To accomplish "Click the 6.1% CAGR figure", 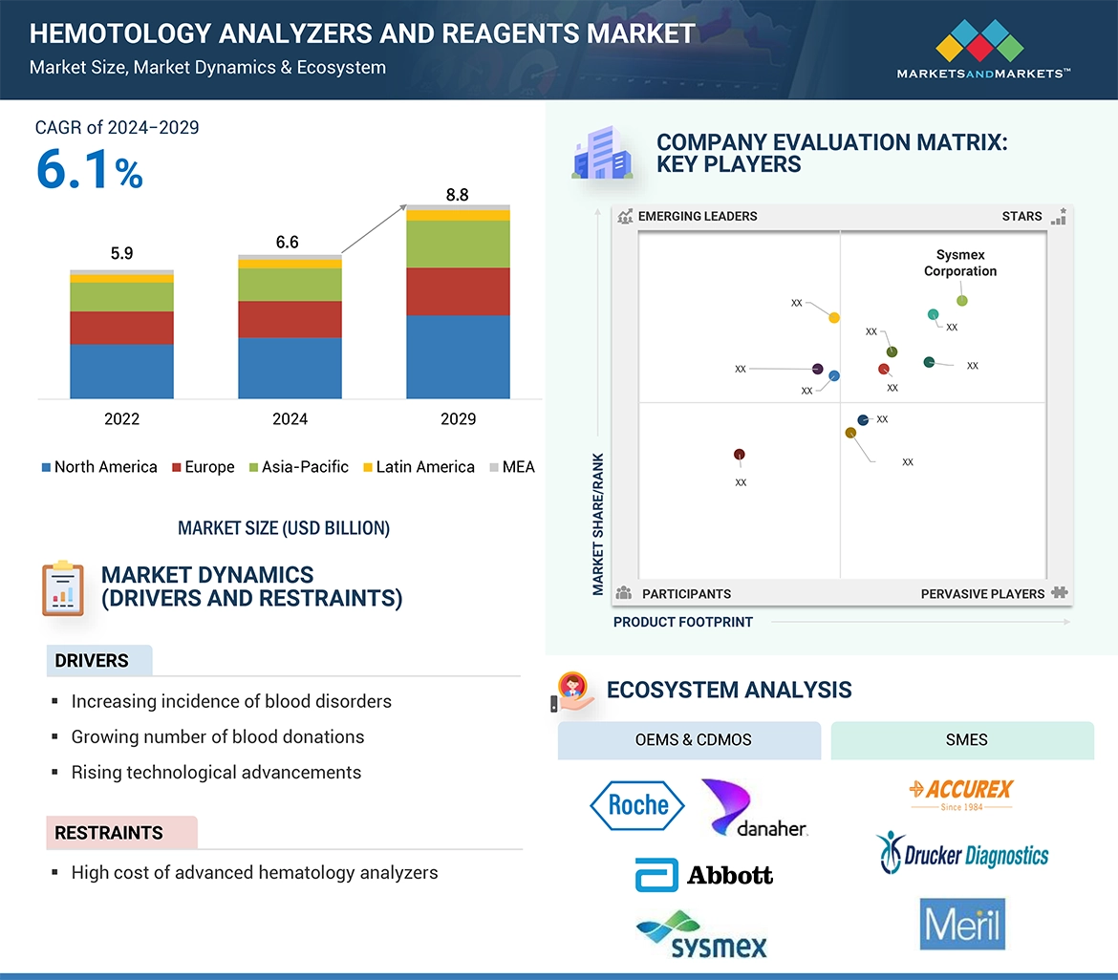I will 89,171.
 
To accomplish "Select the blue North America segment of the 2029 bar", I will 458,356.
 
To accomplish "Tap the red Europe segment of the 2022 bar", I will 121,328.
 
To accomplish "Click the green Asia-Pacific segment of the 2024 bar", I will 290,285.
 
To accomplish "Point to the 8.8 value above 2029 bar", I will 458,195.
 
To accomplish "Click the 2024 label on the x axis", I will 290,419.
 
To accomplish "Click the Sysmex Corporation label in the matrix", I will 959,263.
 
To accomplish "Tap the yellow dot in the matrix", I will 834,317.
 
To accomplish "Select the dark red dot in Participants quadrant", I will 739,455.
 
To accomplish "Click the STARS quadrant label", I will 1021,216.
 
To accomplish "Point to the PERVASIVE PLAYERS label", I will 982,594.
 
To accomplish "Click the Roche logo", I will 637,805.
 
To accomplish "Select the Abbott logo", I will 704,875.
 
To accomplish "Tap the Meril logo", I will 962,924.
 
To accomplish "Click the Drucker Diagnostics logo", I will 962,853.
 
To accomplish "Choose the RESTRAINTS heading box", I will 121,833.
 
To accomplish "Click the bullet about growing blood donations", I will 218,736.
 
